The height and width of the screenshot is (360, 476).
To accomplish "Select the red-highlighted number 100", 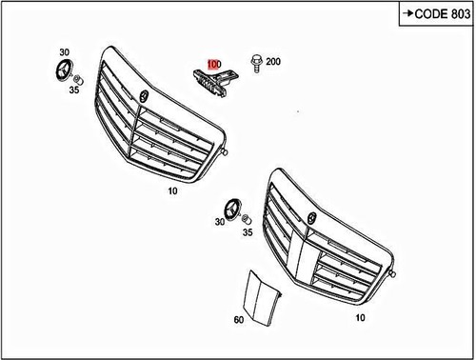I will click(x=214, y=63).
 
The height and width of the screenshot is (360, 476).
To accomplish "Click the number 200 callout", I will click(x=273, y=62).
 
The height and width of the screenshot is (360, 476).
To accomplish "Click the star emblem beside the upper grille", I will click(x=66, y=74).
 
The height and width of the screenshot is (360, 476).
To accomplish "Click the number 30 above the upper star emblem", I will click(x=64, y=51).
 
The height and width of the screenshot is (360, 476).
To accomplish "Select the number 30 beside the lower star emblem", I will click(x=220, y=223).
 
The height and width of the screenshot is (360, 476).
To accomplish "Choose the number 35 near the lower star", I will click(x=247, y=231).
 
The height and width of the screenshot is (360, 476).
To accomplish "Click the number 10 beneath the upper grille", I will click(x=173, y=190).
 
